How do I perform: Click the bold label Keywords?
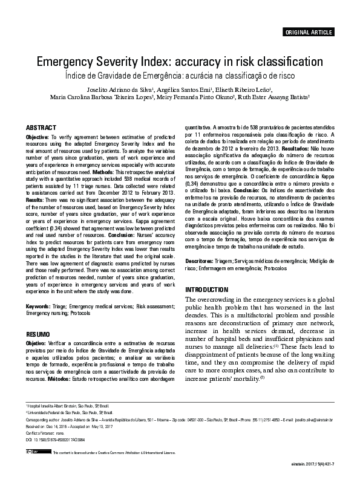38,307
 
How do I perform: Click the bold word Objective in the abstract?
37,138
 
